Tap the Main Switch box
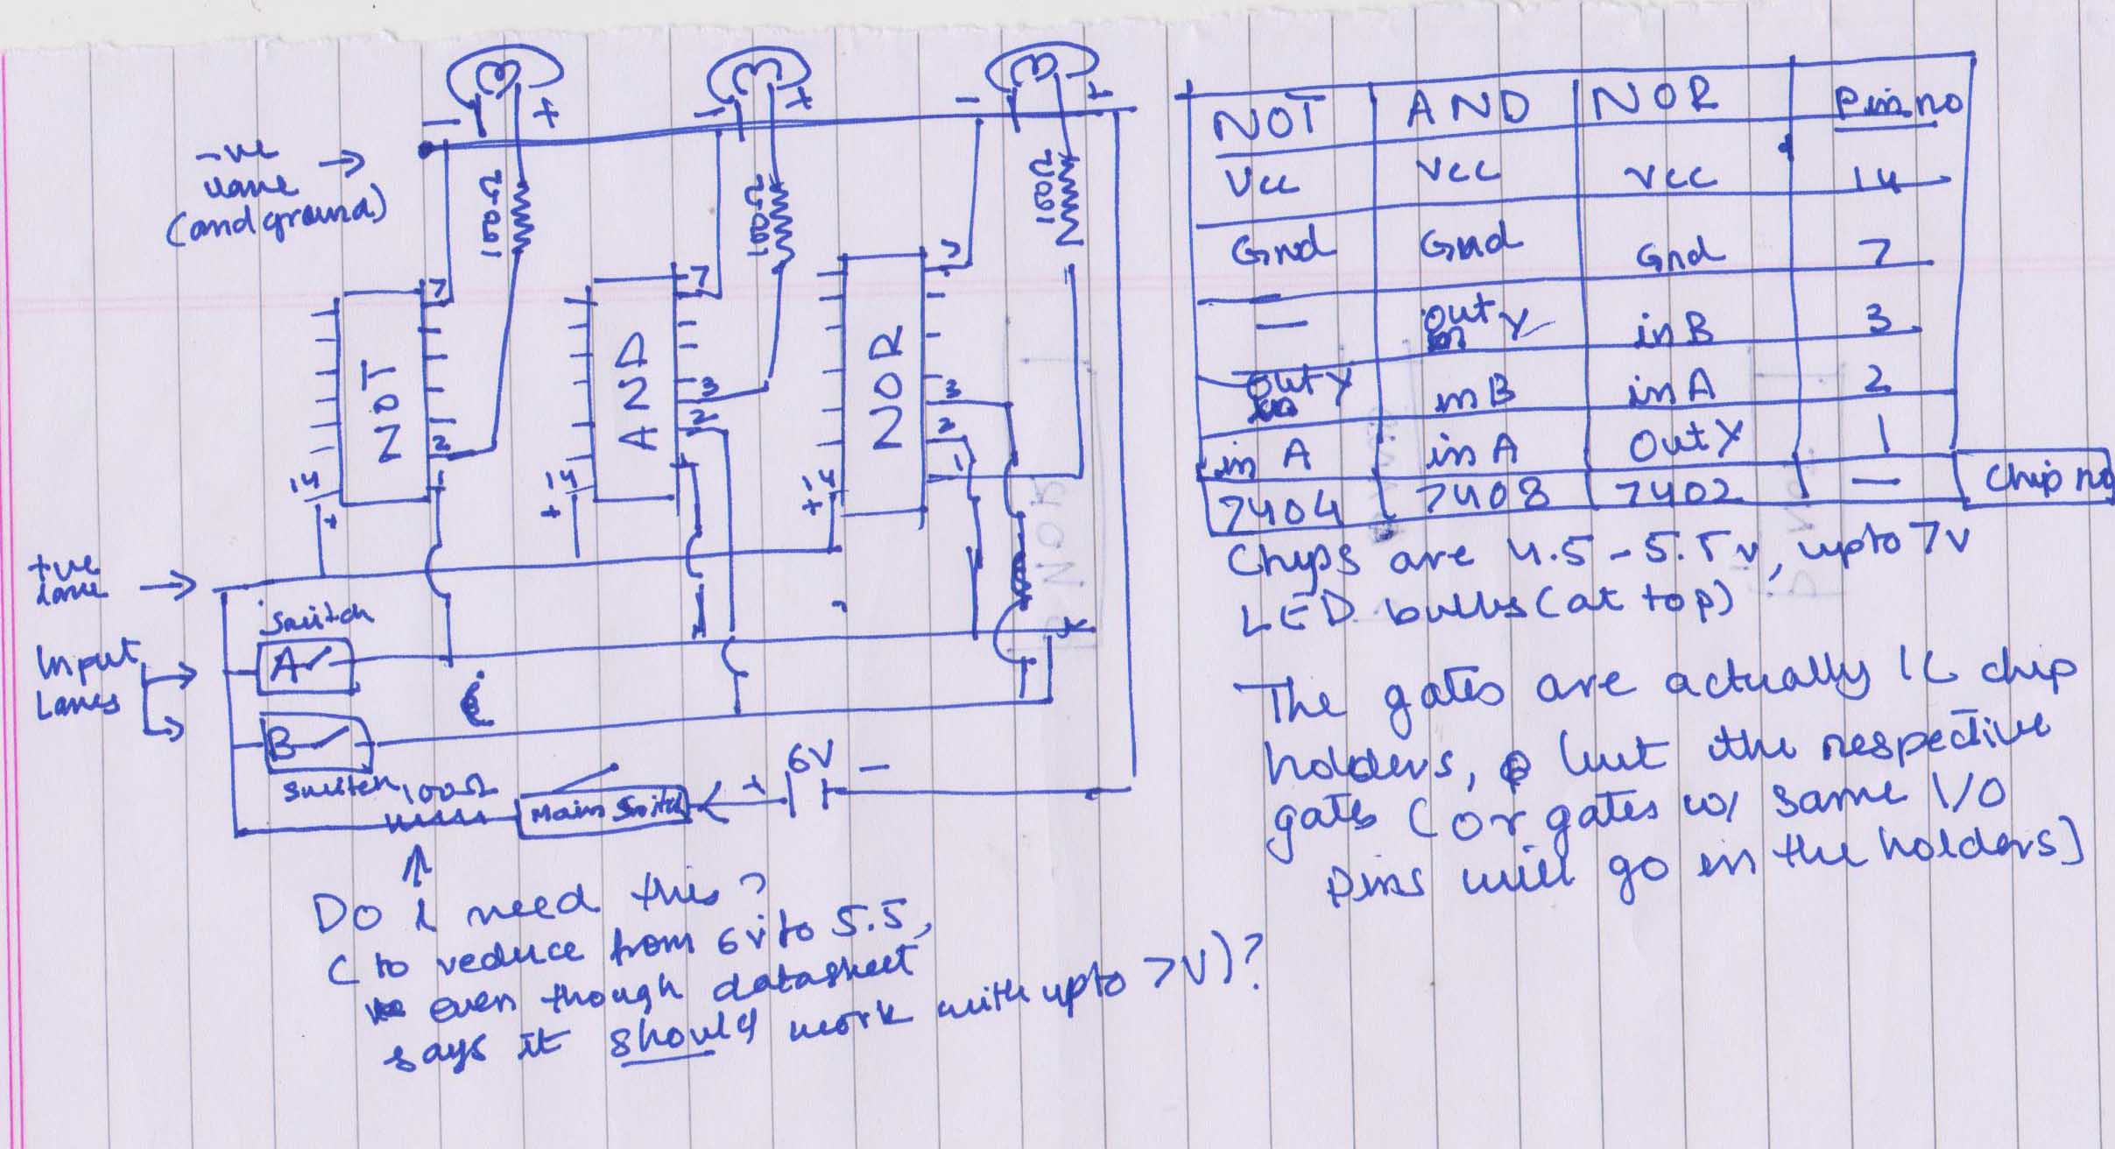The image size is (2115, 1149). click(x=604, y=810)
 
